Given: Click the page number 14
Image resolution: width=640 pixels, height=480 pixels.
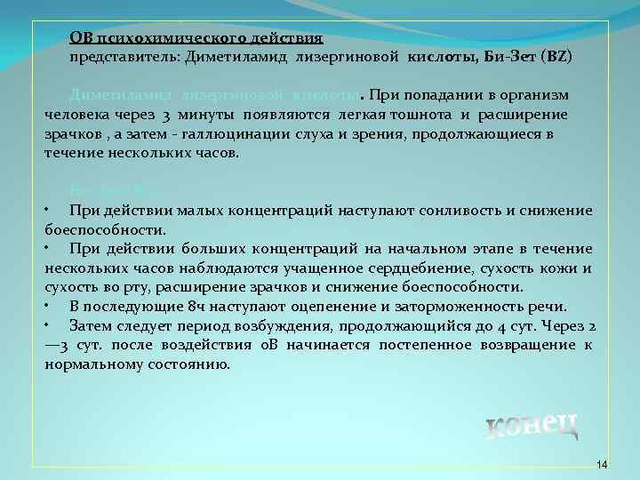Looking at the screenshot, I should (x=602, y=465).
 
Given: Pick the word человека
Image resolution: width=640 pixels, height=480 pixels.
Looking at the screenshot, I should (x=76, y=115).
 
